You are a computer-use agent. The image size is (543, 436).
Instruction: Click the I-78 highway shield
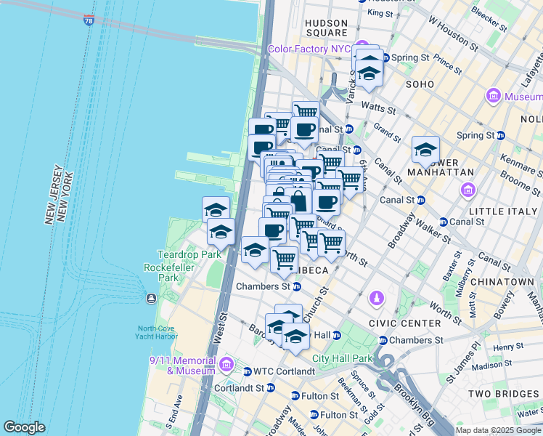pos(89,20)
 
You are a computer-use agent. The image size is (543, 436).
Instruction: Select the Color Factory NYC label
pos(309,49)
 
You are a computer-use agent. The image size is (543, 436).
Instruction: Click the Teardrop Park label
pos(179,255)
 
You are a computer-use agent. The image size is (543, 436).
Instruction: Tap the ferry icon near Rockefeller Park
pos(151,299)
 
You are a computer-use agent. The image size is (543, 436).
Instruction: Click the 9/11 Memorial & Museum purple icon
pos(226,363)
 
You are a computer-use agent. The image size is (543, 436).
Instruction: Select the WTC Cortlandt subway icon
pos(247,371)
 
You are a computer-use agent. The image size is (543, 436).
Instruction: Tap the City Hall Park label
pos(342,358)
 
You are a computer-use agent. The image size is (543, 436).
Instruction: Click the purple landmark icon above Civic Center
pos(377,297)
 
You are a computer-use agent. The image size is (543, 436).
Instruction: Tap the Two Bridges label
pos(502,393)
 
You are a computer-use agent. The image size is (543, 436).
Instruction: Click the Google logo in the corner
pos(24,427)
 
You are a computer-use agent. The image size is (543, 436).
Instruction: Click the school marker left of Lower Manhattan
pos(425,150)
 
